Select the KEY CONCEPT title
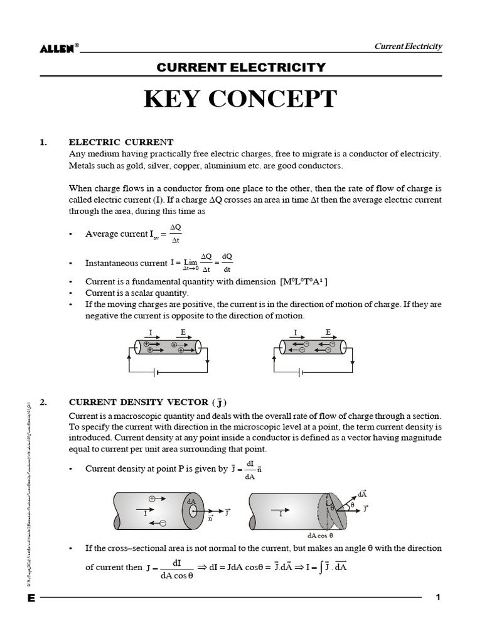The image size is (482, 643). pyautogui.click(x=241, y=99)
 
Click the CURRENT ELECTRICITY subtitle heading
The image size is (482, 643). pyautogui.click(x=241, y=67)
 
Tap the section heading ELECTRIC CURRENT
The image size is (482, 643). pyautogui.click(x=120, y=143)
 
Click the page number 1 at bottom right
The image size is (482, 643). pyautogui.click(x=439, y=597)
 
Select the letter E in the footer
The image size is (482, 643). pyautogui.click(x=31, y=598)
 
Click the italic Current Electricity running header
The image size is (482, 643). pyautogui.click(x=409, y=46)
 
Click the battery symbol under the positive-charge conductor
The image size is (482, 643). pyautogui.click(x=156, y=372)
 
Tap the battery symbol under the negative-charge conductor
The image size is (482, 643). pyautogui.click(x=303, y=372)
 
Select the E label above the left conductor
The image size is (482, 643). pyautogui.click(x=183, y=332)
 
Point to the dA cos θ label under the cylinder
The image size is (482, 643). pyautogui.click(x=320, y=535)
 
